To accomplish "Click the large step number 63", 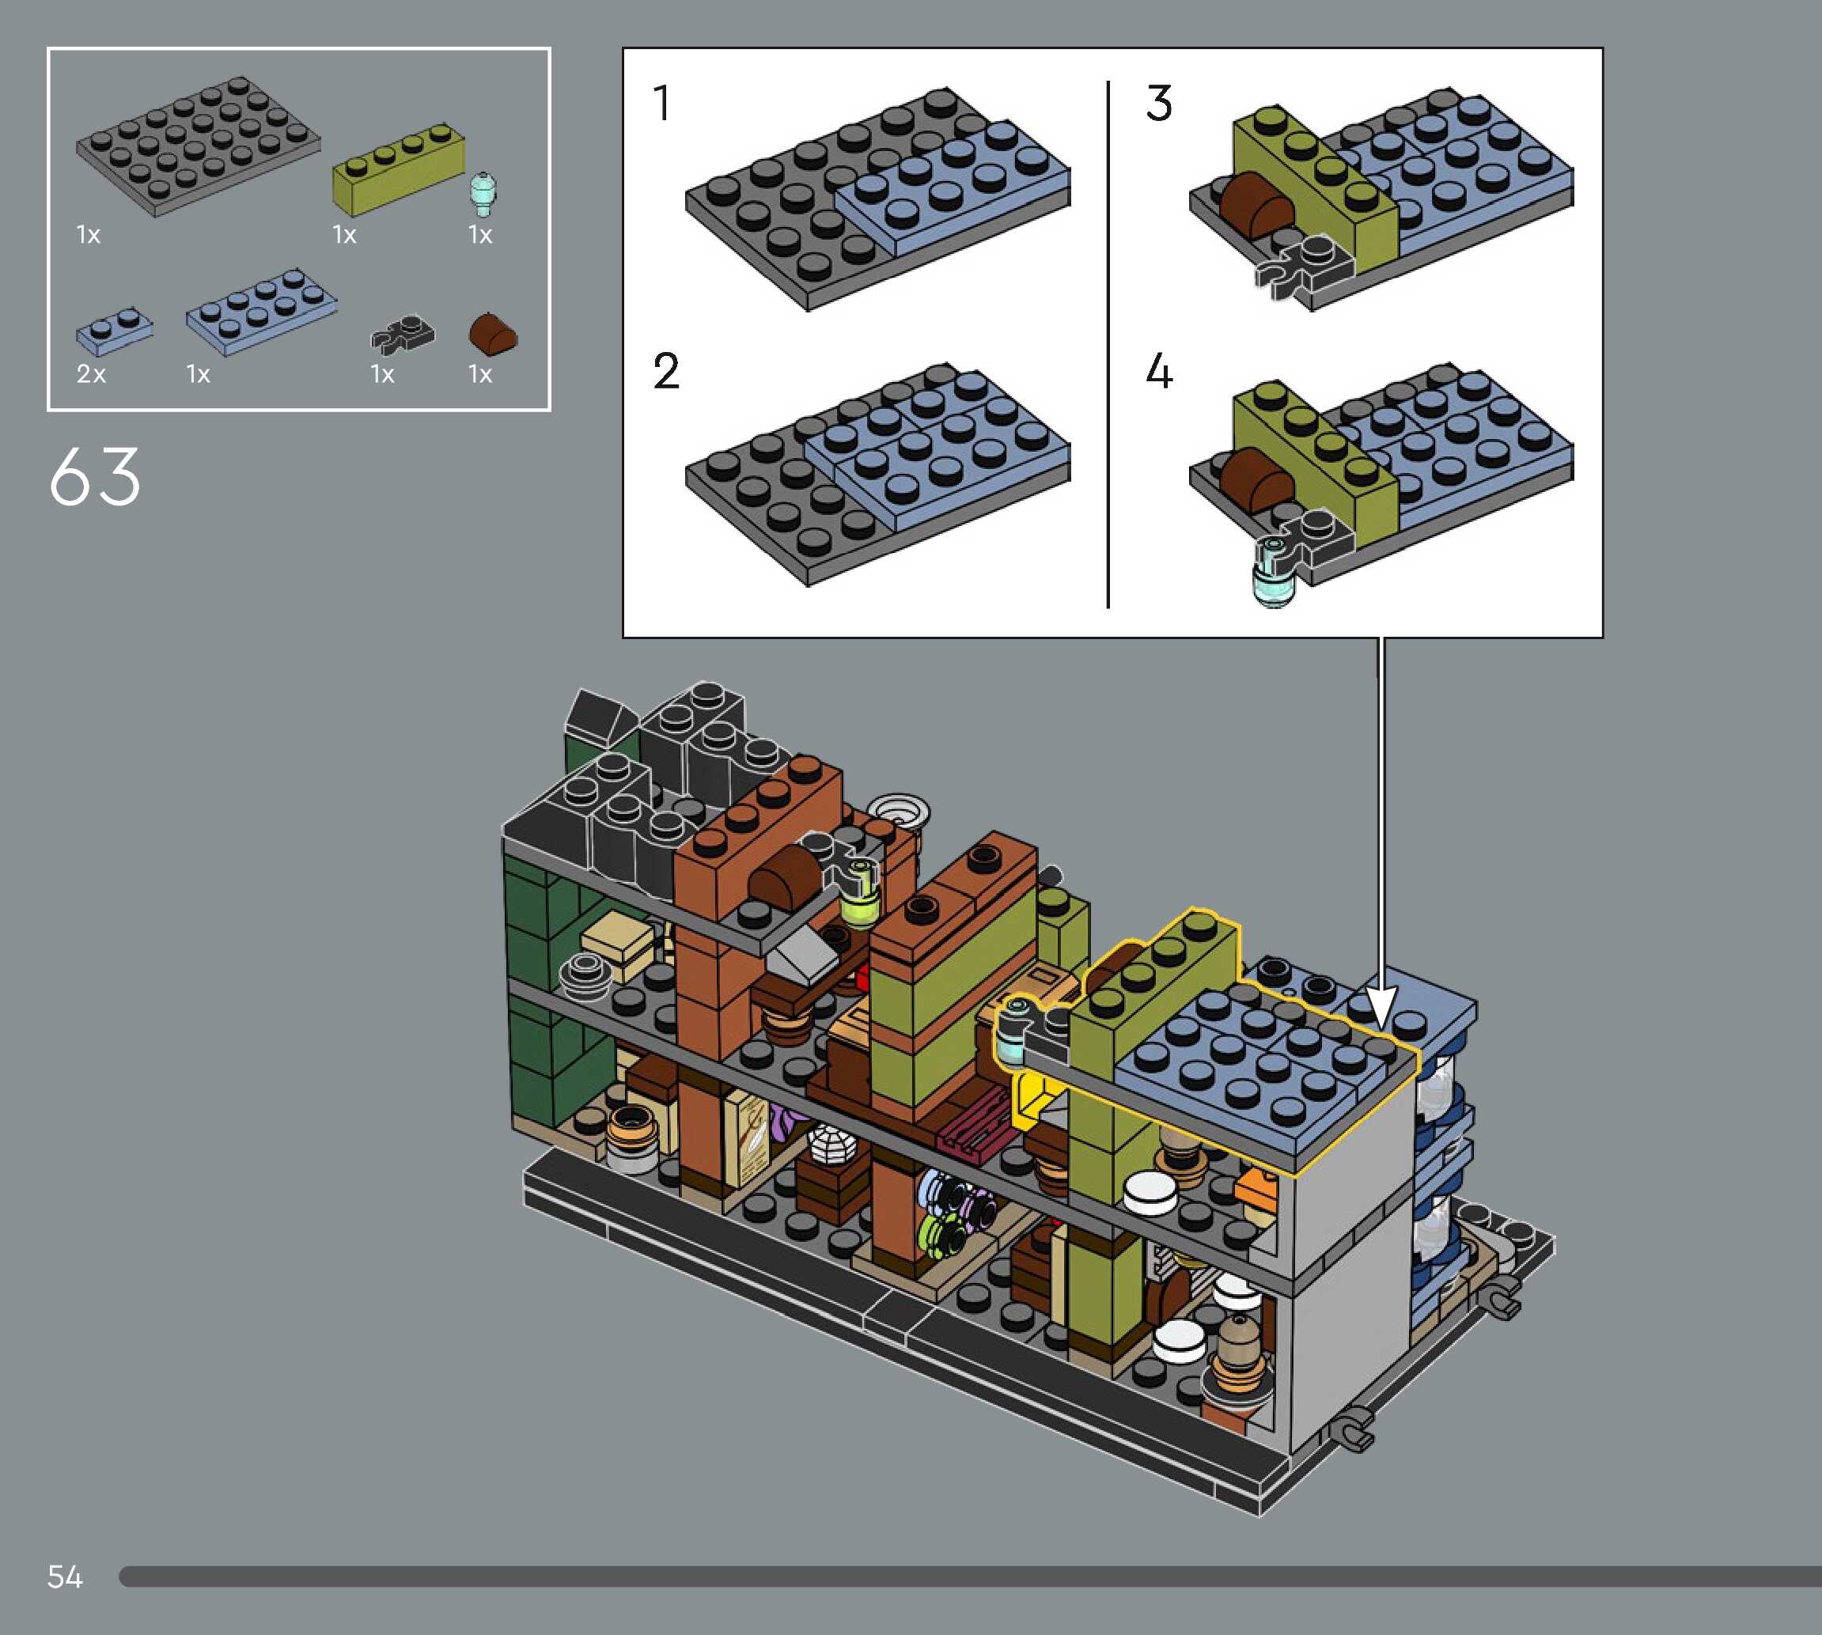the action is coord(95,476).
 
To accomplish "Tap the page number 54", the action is coord(65,1576).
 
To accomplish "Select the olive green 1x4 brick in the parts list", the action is coord(399,169).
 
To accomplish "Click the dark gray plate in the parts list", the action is coord(198,146).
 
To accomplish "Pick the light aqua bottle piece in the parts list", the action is coord(483,193).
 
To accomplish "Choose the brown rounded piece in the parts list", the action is coord(493,333).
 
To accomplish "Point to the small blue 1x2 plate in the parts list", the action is coord(114,330).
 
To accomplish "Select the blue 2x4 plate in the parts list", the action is coord(261,312).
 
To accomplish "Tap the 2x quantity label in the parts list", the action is coord(91,373).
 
